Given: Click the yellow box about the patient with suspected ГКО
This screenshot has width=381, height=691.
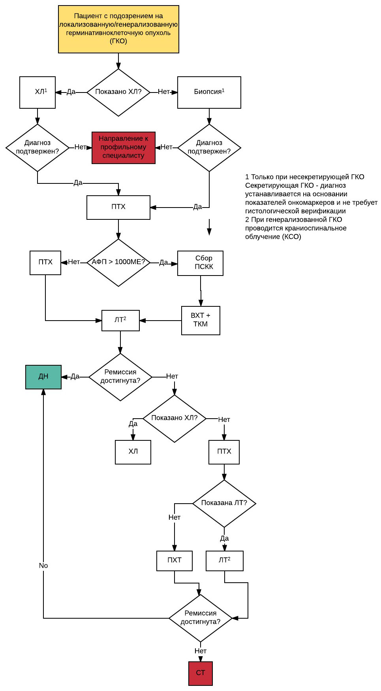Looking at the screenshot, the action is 118,29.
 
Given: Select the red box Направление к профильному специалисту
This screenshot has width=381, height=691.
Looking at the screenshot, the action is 124,147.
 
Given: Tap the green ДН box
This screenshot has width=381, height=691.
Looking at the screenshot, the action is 43,377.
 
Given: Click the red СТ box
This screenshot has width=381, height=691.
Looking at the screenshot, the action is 201,673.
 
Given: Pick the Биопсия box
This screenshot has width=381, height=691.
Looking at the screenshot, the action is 209,92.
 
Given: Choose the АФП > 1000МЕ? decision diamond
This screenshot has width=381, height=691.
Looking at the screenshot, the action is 118,262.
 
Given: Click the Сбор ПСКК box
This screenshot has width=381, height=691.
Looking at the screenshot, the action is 200,263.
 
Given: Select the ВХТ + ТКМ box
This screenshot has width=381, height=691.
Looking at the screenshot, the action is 201,320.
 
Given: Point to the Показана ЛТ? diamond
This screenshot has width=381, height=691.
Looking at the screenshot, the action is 224,503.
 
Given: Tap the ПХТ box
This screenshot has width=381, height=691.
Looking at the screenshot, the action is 175,561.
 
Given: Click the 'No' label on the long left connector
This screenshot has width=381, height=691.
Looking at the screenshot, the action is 43,566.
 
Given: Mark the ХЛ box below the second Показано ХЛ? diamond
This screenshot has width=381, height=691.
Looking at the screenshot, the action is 133,452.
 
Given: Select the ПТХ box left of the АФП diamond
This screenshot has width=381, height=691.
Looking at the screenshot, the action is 45,262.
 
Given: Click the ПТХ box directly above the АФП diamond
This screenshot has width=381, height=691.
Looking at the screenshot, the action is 118,207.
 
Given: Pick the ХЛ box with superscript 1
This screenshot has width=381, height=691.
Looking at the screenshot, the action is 38,92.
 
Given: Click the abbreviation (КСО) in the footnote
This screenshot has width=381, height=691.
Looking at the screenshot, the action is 291,237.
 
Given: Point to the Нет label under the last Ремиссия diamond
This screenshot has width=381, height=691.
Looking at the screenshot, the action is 201,651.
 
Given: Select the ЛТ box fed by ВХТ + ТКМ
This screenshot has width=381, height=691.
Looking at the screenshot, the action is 120,320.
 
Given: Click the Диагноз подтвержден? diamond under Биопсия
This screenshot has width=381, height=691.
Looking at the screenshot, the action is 209,147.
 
